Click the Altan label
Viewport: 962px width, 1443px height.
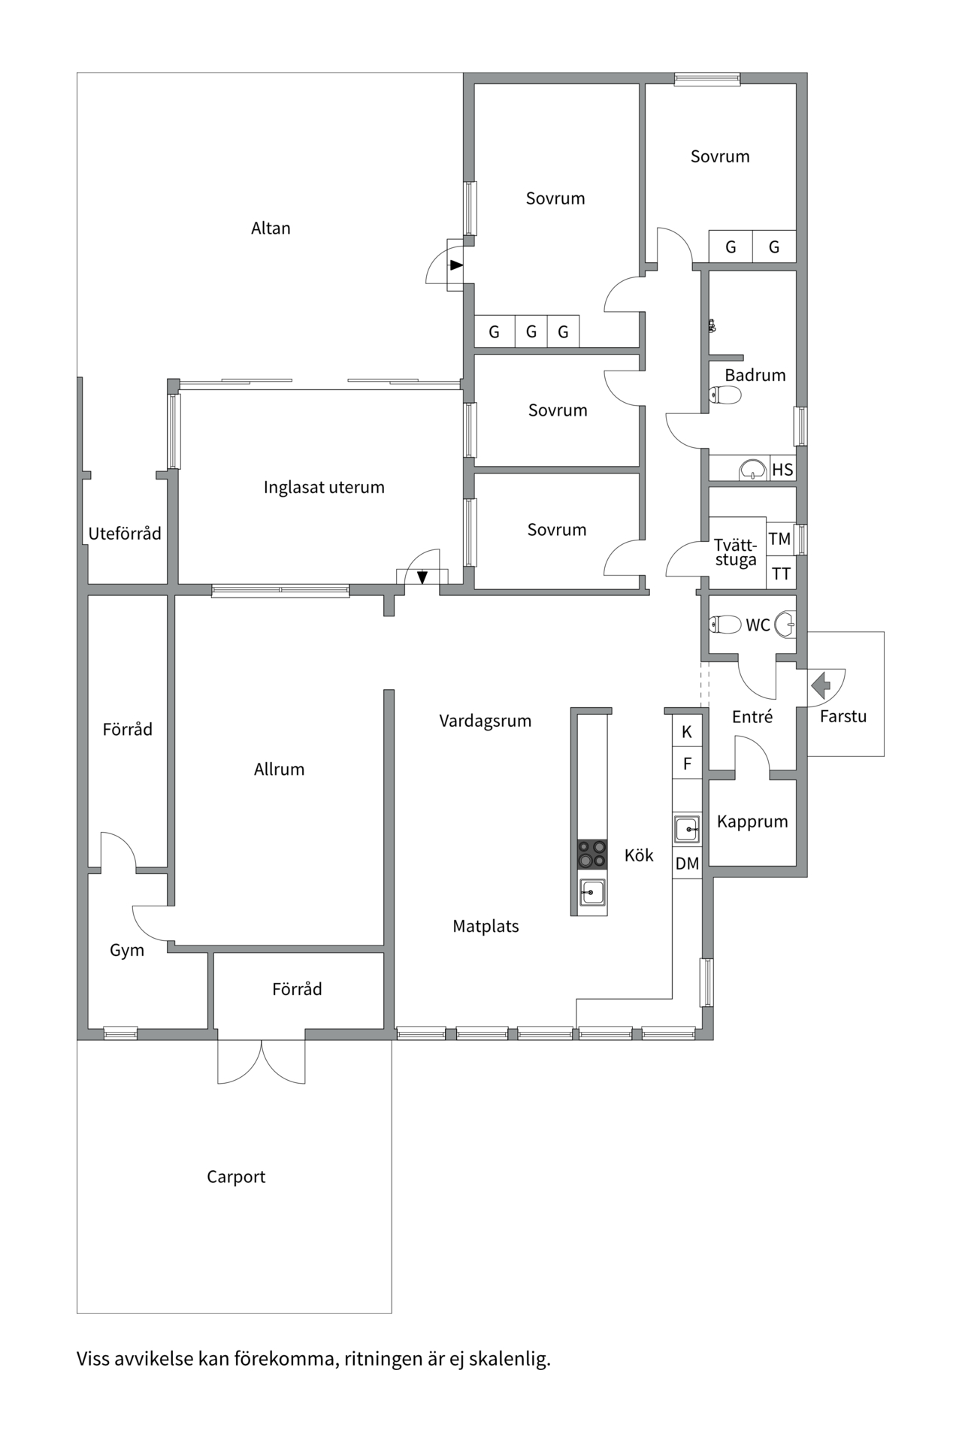[x=271, y=228]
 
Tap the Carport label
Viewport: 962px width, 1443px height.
[x=236, y=1177]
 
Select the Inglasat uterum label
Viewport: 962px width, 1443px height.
[x=324, y=487]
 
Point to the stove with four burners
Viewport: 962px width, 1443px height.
[x=592, y=855]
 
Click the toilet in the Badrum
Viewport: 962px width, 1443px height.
[x=725, y=395]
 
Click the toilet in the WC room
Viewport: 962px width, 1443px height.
[x=725, y=624]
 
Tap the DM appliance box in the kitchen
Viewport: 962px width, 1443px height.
[x=687, y=864]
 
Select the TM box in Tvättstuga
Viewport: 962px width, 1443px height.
[x=780, y=539]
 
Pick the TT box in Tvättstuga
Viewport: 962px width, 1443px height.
[x=781, y=574]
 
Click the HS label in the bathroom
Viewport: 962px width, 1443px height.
[x=782, y=470]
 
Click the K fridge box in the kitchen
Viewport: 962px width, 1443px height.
[x=687, y=731]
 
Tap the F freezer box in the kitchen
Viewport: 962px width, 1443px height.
[x=687, y=764]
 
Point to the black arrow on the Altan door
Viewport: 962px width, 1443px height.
[x=456, y=265]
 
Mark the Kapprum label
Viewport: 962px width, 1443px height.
[x=752, y=821]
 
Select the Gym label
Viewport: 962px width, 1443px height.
[x=127, y=950]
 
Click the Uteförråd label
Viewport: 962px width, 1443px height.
[x=125, y=534]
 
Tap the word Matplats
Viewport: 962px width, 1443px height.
[x=486, y=927]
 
